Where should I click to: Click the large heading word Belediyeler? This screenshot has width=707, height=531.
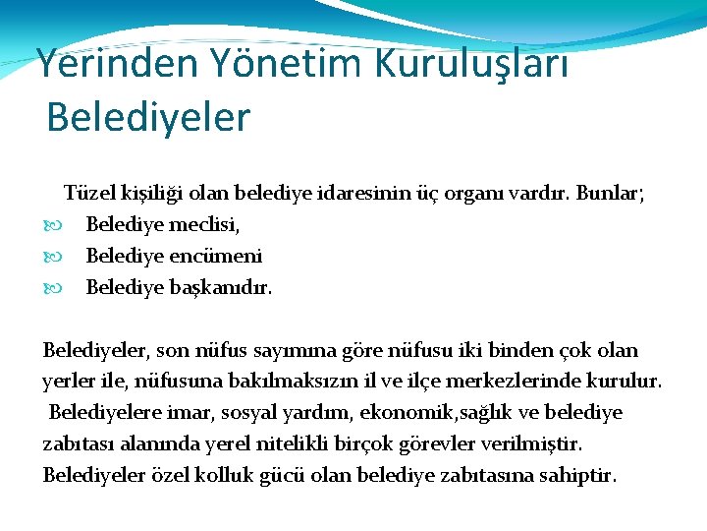tap(148, 117)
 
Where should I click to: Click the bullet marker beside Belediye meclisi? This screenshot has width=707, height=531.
tap(50, 225)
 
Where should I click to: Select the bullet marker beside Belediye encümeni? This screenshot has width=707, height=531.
tap(50, 257)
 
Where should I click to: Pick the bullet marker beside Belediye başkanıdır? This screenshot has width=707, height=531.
tap(50, 289)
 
